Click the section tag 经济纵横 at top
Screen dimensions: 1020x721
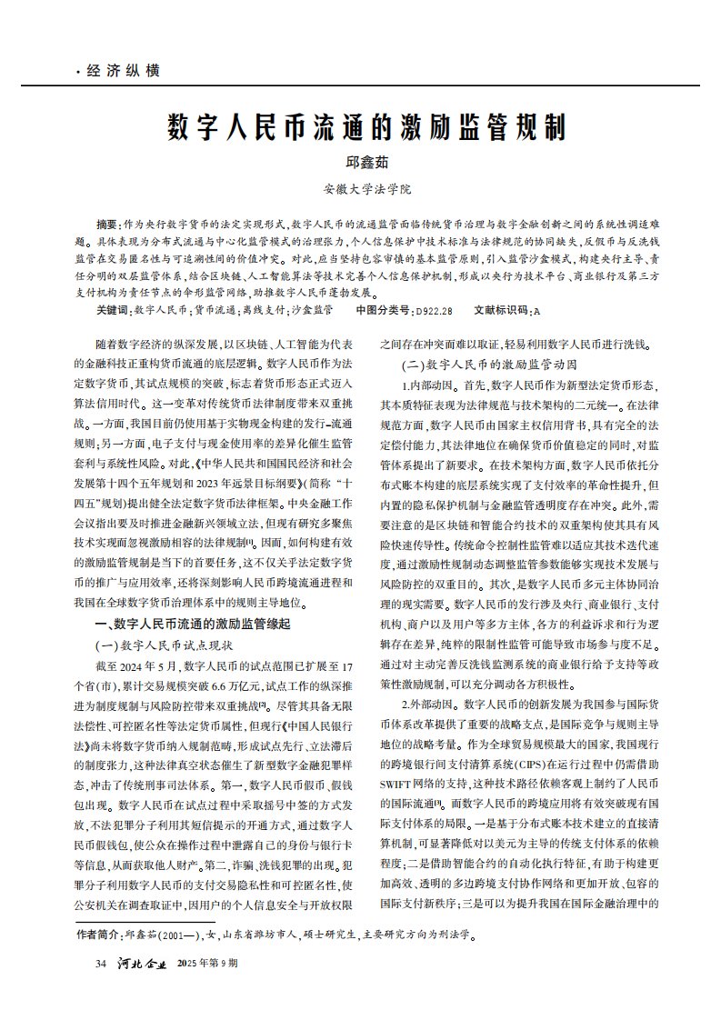click(x=123, y=71)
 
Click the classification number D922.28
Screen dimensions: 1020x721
click(x=434, y=311)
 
